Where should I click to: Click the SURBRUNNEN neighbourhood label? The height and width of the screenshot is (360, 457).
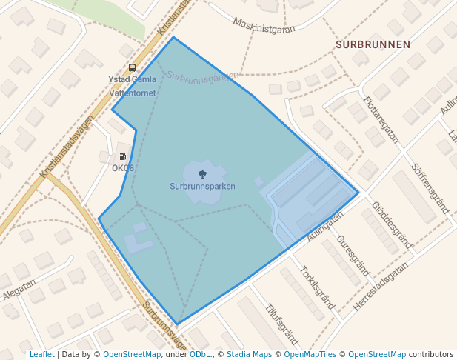pyautogui.click(x=373, y=44)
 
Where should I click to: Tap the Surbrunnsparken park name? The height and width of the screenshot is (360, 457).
pyautogui.click(x=202, y=187)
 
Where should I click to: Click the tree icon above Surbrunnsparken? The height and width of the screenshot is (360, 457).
pyautogui.click(x=202, y=175)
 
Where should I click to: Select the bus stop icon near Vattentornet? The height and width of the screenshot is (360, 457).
pyautogui.click(x=132, y=68)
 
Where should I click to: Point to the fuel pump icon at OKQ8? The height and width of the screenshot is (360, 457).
pyautogui.click(x=122, y=156)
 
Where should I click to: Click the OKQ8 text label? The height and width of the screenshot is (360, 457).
pyautogui.click(x=123, y=168)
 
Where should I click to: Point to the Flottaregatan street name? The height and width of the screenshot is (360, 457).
pyautogui.click(x=381, y=119)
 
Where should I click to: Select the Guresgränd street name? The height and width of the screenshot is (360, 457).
pyautogui.click(x=353, y=256)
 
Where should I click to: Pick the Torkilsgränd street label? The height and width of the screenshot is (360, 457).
pyautogui.click(x=317, y=287)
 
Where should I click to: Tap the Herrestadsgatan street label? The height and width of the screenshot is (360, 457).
pyautogui.click(x=381, y=289)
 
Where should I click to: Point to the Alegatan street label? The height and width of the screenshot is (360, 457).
pyautogui.click(x=19, y=288)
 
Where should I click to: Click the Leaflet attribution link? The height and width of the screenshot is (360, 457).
pyautogui.click(x=41, y=355)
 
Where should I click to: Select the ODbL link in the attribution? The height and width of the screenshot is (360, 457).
pyautogui.click(x=200, y=355)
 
